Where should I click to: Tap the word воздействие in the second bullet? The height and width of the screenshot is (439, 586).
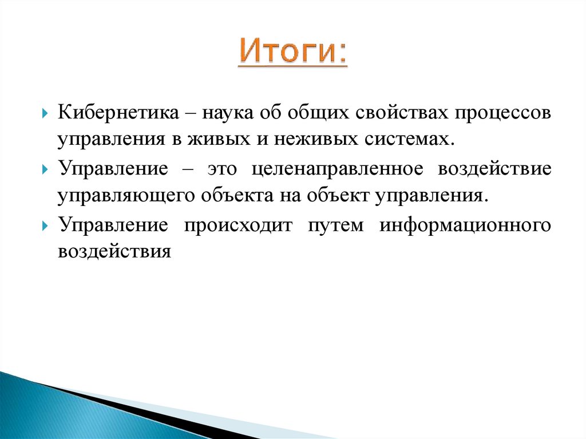tap(494, 169)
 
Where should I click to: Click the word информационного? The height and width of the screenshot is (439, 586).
tap(465, 225)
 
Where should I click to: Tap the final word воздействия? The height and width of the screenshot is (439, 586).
tap(114, 252)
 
